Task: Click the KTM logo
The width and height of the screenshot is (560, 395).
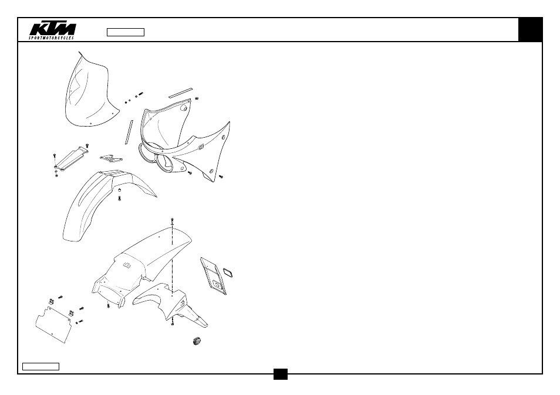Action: [52, 29]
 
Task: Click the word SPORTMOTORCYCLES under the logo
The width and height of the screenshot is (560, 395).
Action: [52, 38]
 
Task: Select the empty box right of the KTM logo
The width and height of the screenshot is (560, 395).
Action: [126, 32]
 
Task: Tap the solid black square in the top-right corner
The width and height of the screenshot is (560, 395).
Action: [531, 29]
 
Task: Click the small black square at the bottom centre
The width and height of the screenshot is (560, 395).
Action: [281, 374]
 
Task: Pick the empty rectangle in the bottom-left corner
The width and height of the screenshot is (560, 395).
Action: [41, 366]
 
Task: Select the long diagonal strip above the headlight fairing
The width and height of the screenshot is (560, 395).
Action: [180, 93]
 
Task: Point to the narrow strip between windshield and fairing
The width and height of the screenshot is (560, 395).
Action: [129, 132]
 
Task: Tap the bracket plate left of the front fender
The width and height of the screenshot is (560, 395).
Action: [70, 159]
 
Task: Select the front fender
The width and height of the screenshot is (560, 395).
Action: [103, 203]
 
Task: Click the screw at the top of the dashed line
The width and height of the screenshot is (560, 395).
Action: [173, 221]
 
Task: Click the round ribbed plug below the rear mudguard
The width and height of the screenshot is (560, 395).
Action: [196, 341]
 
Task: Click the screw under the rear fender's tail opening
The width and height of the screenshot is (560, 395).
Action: [108, 305]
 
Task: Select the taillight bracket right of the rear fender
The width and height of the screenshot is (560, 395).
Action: [214, 276]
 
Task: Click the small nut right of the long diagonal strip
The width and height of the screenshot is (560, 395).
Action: [197, 98]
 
